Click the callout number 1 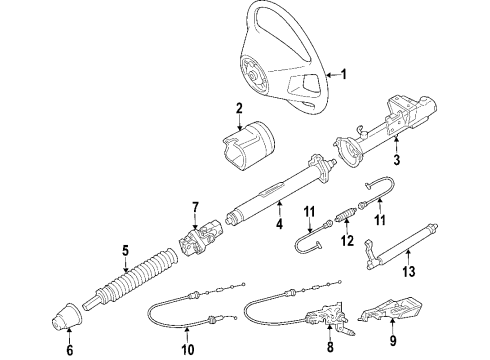tap(345, 73)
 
